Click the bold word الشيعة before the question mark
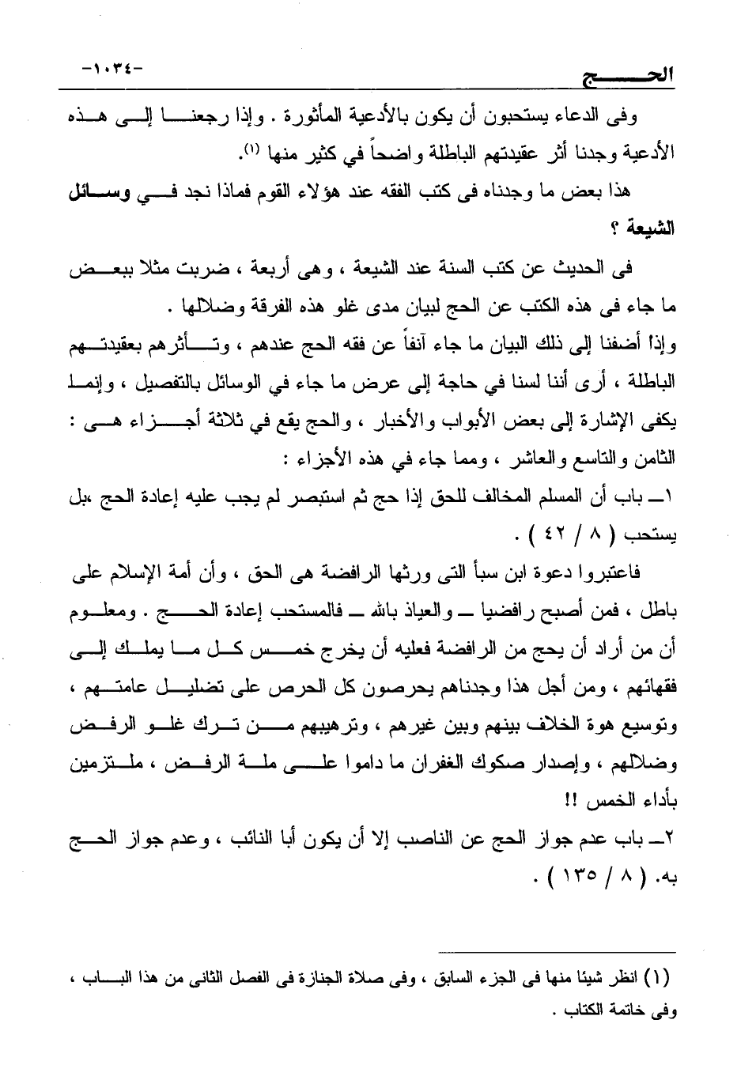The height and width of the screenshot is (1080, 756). (648, 229)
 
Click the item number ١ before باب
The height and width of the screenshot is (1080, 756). (668, 497)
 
